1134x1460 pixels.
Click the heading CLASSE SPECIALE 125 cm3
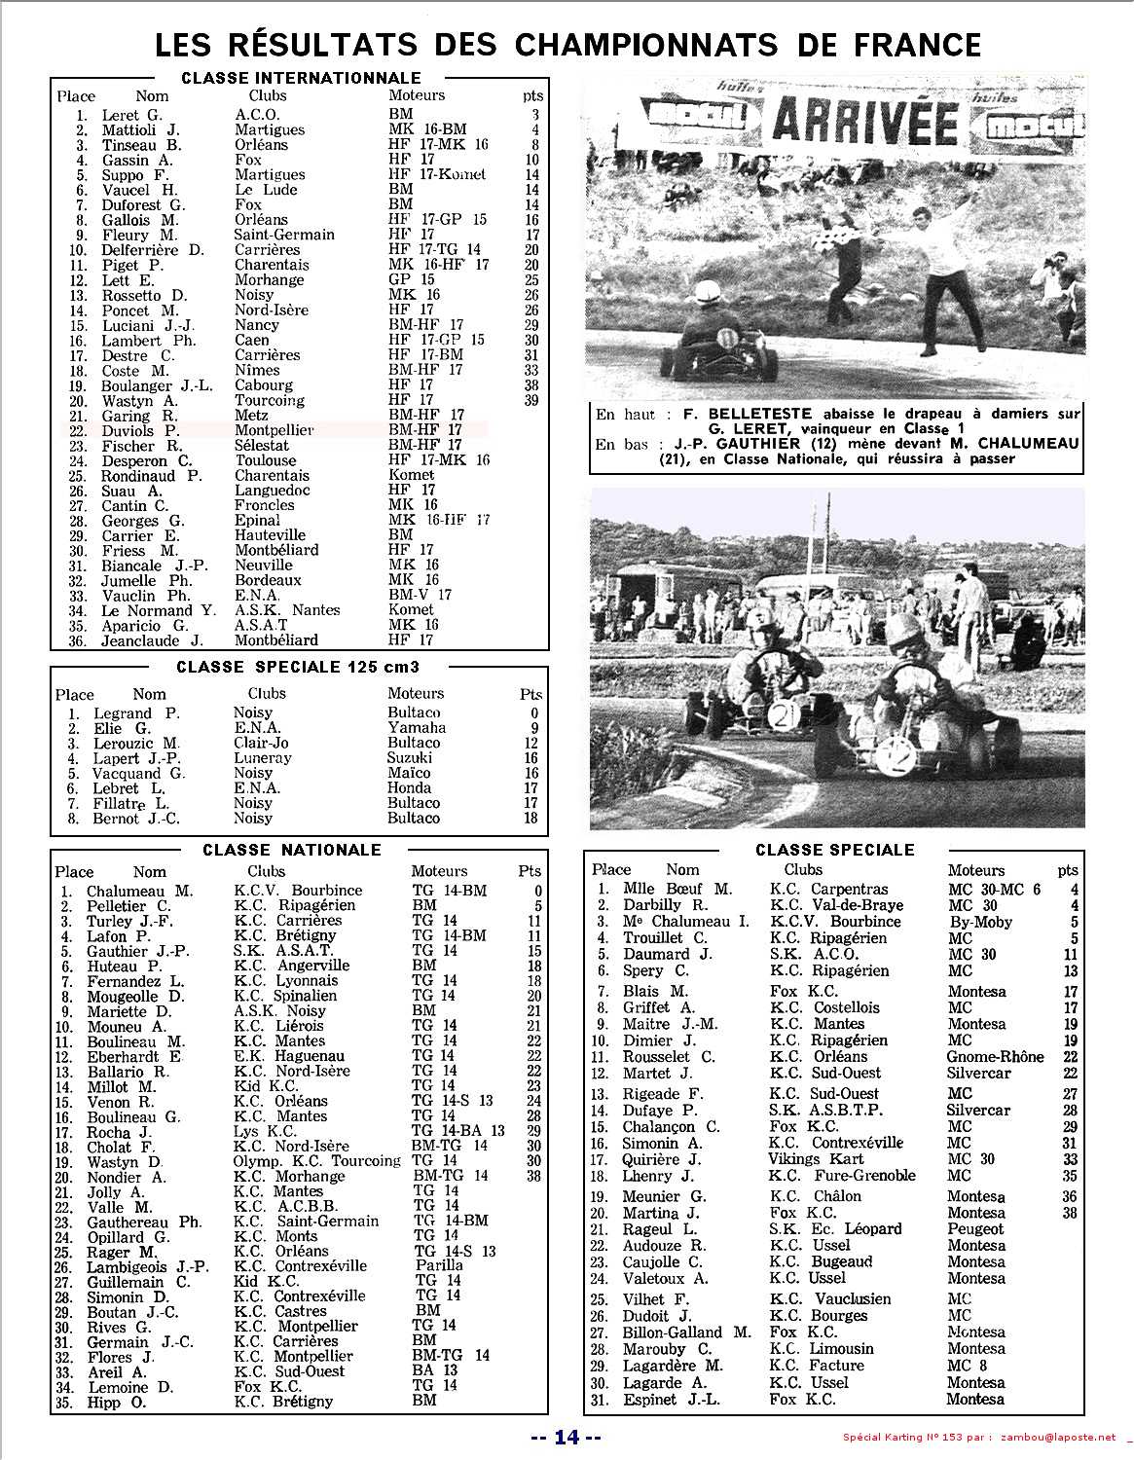tap(298, 667)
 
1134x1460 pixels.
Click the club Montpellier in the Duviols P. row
tap(274, 430)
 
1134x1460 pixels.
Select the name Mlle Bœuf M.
tap(677, 889)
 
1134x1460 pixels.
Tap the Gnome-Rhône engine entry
tap(995, 1056)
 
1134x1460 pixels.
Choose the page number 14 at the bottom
tap(567, 1437)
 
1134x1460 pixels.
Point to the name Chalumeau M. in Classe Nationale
tap(139, 891)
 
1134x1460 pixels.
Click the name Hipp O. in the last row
tap(116, 1402)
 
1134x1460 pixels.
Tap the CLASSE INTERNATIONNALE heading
tap(301, 78)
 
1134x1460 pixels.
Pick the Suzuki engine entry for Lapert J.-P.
tap(410, 757)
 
